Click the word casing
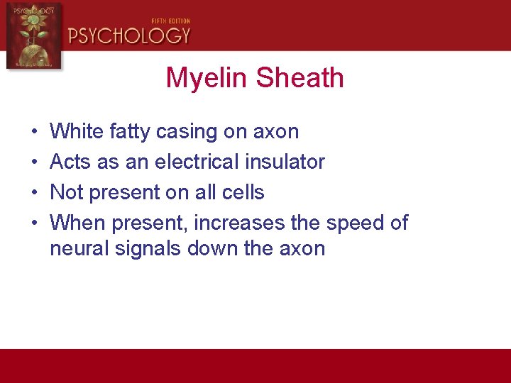click(x=187, y=131)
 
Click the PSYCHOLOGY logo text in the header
click(x=129, y=35)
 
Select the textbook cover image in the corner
click(x=33, y=35)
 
